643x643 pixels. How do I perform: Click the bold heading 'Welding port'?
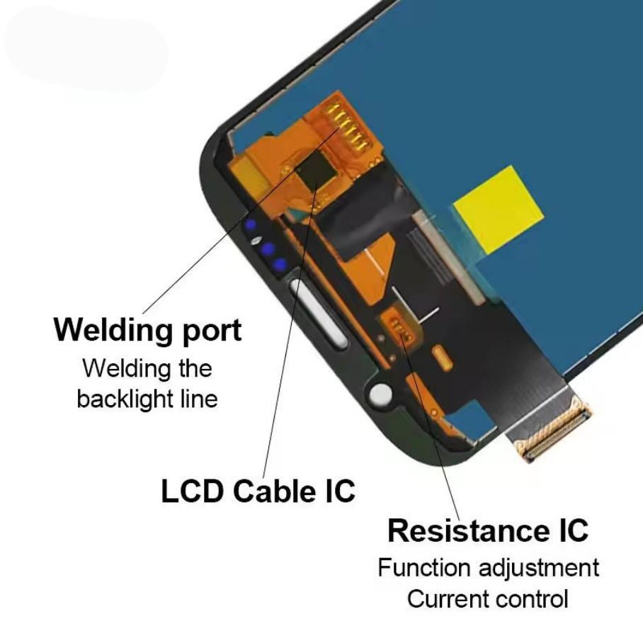(147, 330)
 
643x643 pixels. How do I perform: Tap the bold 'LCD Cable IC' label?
(258, 491)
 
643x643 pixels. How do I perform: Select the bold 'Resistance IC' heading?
(488, 530)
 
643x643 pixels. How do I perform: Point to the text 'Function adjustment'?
(488, 568)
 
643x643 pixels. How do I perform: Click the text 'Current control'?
(488, 599)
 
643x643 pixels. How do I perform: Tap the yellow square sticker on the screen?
(498, 207)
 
